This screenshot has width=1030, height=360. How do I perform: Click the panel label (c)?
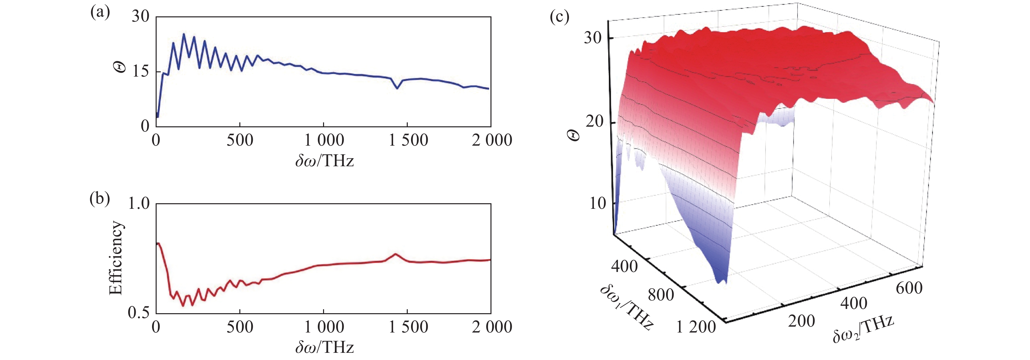tap(559, 17)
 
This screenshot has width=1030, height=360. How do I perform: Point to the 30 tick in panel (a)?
tap(140, 17)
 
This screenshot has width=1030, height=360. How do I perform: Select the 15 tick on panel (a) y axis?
tap(140, 72)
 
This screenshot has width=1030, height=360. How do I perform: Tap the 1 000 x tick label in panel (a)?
tap(324, 140)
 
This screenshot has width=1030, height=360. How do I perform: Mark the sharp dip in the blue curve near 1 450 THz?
tap(397, 88)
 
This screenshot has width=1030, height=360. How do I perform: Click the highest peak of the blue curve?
tap(184, 34)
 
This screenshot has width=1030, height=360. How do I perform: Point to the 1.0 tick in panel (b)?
tap(138, 204)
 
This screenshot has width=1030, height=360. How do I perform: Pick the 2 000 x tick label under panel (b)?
tap(492, 327)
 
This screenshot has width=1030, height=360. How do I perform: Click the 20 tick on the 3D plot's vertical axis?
tap(594, 121)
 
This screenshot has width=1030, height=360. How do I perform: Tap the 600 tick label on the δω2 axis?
tap(909, 288)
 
